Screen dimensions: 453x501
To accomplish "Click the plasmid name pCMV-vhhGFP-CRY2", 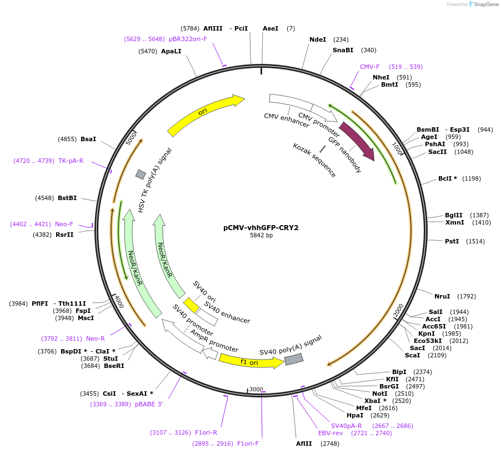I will [261, 227].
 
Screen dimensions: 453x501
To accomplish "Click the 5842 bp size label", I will [261, 236].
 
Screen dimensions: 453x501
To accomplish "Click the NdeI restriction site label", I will [318, 39].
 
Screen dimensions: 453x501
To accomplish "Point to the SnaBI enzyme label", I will [343, 50].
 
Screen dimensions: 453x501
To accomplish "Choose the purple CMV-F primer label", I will [370, 67].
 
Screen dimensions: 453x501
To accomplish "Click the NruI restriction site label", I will [442, 296].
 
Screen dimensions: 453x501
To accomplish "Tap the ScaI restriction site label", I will [413, 355].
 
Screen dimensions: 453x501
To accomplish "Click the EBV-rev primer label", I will [330, 433].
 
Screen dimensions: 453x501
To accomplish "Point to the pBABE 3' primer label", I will [149, 404].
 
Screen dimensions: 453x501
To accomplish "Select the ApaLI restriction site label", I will [171, 51].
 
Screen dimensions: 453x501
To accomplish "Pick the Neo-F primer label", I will [64, 224].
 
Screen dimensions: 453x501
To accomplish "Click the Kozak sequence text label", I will [315, 160].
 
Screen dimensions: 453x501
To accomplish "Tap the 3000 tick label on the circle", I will [256, 389].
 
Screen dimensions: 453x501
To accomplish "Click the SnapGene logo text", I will [486, 4].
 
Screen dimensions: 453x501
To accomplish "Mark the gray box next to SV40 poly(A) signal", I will [294, 360].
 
